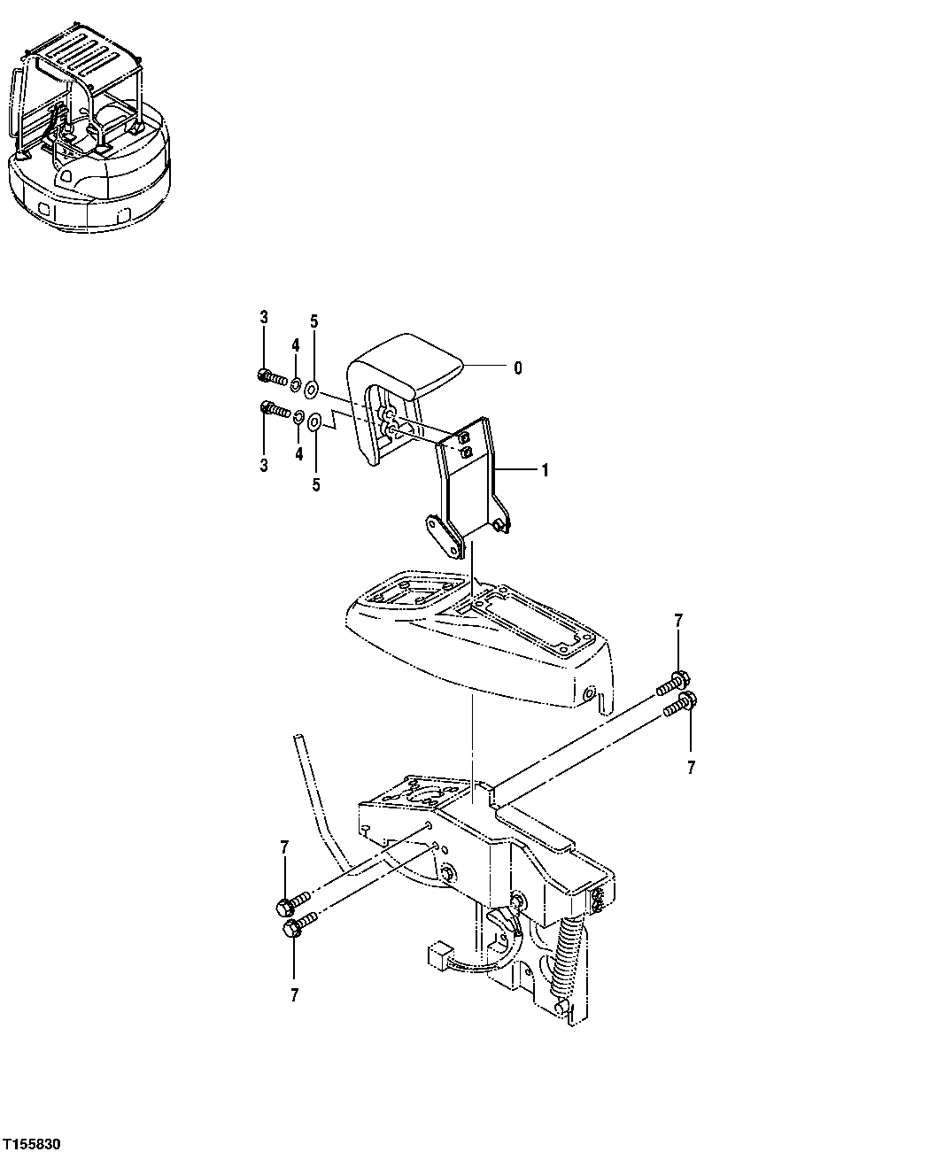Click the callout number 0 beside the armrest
518,367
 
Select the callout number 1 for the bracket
545,471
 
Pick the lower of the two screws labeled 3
274,411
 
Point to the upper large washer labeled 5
313,389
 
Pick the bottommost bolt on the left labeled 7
295,928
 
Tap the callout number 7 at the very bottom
294,995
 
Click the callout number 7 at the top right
678,622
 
